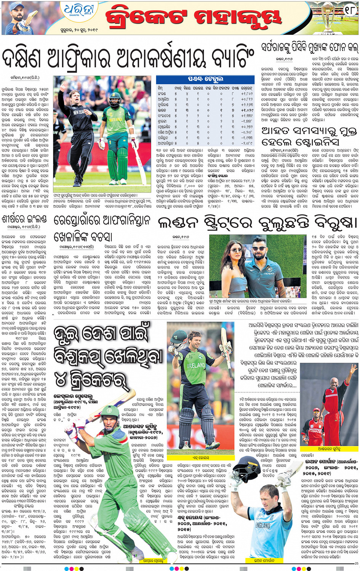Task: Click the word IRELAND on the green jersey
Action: click(196, 365)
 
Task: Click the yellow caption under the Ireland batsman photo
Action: click(200, 457)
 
